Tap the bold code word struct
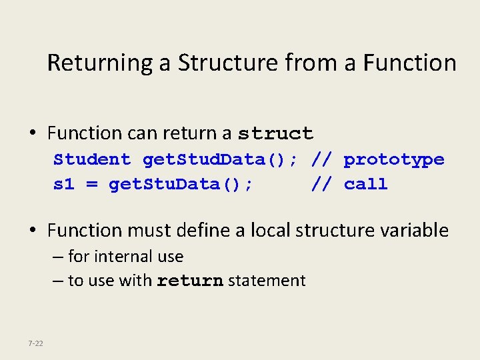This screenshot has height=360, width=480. click(x=275, y=134)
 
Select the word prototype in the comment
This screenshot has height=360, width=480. click(x=394, y=159)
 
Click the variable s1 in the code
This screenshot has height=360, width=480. click(x=64, y=184)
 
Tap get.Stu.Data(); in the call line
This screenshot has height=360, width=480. click(x=181, y=184)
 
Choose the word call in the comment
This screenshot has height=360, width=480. click(x=366, y=184)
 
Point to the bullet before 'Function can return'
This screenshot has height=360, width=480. click(x=33, y=134)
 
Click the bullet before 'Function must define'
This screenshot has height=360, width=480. click(x=33, y=231)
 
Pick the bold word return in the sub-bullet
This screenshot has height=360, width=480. click(x=190, y=281)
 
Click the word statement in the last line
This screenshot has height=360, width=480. click(x=267, y=281)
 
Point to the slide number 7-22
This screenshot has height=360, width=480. click(x=35, y=343)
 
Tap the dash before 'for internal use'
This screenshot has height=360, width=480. click(x=59, y=257)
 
